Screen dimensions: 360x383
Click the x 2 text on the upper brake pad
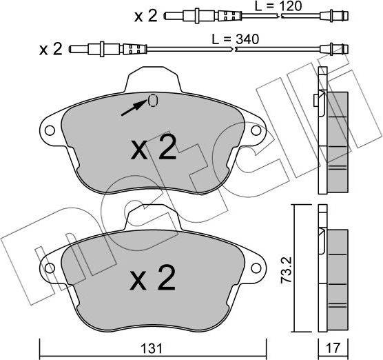153,148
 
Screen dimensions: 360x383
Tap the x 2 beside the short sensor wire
146,15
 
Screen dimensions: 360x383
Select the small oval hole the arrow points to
152,101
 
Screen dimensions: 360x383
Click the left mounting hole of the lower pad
49,265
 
